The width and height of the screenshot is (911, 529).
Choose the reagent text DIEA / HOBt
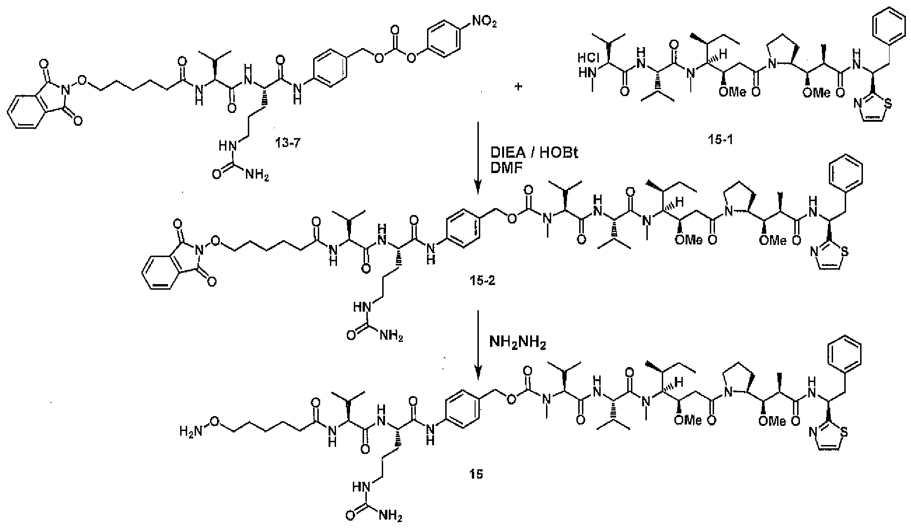(x=534, y=152)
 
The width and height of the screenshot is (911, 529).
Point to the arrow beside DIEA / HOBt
(x=477, y=159)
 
